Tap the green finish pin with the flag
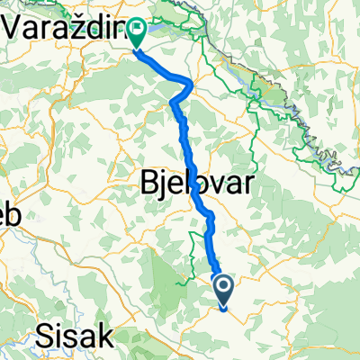point(138,34)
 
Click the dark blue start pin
point(222,289)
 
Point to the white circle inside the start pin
point(222,286)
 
